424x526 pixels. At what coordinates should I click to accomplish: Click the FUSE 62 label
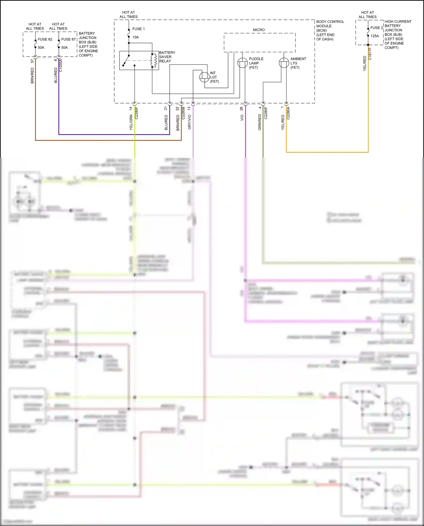coord(45,39)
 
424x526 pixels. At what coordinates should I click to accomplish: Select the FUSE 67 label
coord(68,39)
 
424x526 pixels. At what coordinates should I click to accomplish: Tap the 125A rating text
coord(375,36)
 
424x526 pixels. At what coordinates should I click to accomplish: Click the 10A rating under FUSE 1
coord(136,37)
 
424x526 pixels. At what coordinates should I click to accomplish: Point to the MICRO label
coord(259,30)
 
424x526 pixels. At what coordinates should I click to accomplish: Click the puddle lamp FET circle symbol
coord(242,63)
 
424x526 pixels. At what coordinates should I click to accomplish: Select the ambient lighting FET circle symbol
coord(284,63)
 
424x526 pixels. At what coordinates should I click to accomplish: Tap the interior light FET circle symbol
coord(204,77)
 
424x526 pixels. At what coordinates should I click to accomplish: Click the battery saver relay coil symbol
coord(154,60)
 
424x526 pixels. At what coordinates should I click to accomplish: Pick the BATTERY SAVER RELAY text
coord(167,57)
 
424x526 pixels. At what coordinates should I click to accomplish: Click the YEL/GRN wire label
coord(131,122)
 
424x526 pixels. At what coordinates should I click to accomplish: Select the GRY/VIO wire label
coord(189,122)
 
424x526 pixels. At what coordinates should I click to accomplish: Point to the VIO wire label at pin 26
coord(242,118)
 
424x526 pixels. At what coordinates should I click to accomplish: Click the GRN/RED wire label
coord(259,122)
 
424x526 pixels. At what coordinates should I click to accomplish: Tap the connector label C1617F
coord(370,54)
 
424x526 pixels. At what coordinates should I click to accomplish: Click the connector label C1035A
coord(61,66)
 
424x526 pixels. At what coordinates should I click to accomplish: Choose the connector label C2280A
coord(288,113)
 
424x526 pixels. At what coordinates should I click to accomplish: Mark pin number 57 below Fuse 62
coord(32,61)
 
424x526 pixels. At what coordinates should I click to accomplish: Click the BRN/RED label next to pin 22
coord(178,122)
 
